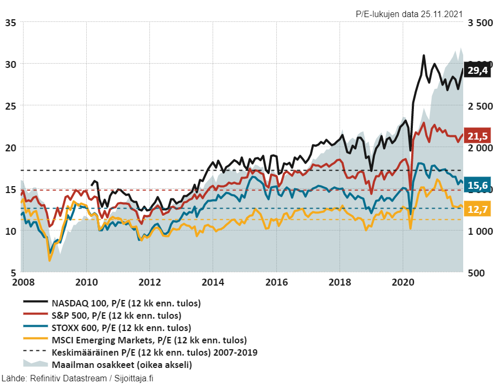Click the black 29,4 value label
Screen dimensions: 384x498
tap(478, 71)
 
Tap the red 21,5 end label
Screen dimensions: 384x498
tap(478, 136)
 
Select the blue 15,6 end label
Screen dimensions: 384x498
tap(478, 186)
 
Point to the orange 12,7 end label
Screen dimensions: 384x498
tap(478, 209)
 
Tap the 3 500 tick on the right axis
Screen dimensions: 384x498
tap(480, 23)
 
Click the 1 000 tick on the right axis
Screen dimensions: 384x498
tap(480, 231)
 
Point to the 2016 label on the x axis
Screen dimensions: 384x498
tap(276, 282)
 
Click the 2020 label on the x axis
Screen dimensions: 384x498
tap(403, 282)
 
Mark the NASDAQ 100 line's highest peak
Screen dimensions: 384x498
tap(424, 55)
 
